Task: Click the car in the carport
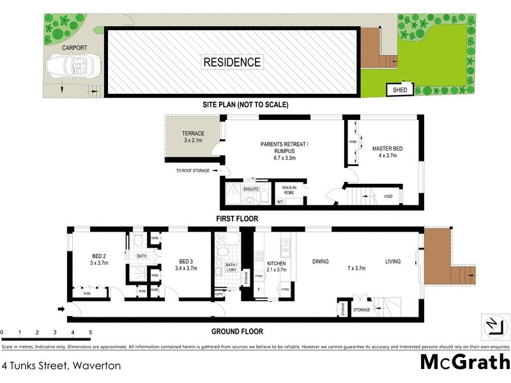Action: (x=68, y=66)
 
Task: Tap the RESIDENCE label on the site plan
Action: (x=232, y=62)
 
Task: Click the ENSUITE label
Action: (x=250, y=190)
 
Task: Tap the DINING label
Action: (x=320, y=261)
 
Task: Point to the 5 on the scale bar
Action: (x=90, y=333)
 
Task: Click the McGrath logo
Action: (x=464, y=362)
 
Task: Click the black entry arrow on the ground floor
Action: (x=61, y=310)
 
